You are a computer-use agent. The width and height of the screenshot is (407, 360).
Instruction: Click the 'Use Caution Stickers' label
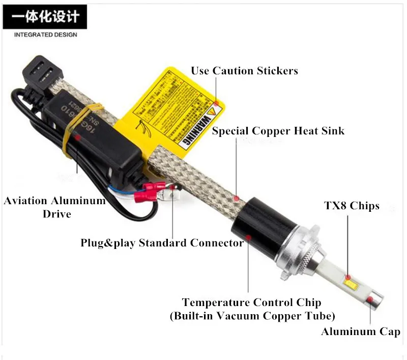[x=244, y=71]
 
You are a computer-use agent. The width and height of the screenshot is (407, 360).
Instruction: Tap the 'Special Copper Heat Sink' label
[x=278, y=131]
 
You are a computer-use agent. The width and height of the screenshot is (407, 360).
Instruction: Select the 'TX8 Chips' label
[x=352, y=206]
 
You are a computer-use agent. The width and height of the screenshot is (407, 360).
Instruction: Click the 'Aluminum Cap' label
[x=360, y=332]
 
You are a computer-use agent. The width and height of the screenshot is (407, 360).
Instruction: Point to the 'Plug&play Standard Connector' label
[x=162, y=243]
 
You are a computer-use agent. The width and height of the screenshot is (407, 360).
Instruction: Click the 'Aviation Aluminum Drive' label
[x=55, y=207]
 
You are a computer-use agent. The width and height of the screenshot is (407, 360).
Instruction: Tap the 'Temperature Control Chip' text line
[x=251, y=302]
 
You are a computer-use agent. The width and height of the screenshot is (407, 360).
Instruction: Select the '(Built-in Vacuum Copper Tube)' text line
[x=252, y=316]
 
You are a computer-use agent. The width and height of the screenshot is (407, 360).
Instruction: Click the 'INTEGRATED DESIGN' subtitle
[x=46, y=35]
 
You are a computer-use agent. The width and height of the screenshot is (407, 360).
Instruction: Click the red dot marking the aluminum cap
[x=371, y=299]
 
